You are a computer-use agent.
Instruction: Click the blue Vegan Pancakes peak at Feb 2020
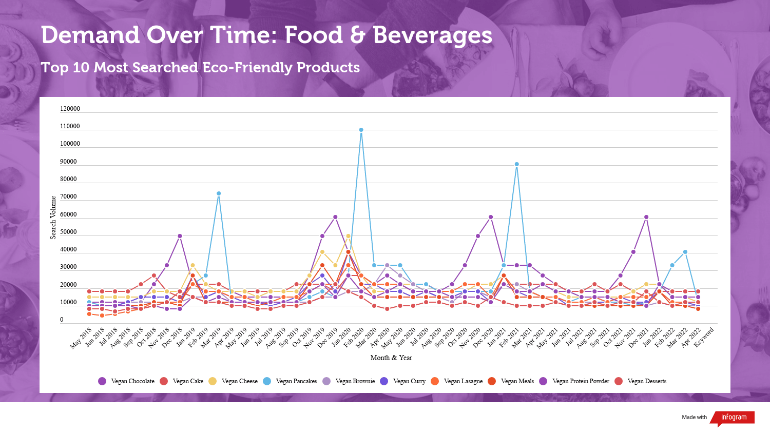tap(361, 130)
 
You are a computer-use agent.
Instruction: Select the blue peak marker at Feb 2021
tap(517, 164)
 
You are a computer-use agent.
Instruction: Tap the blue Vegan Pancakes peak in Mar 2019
tap(219, 193)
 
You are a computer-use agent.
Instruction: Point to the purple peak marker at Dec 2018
tap(180, 236)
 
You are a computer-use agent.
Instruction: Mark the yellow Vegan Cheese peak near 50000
tap(348, 236)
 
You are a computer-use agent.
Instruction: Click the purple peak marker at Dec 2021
tap(646, 217)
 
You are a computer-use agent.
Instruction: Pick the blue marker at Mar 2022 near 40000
tap(685, 252)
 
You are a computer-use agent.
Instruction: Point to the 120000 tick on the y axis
tap(70, 109)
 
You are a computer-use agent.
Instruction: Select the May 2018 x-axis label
tap(81, 338)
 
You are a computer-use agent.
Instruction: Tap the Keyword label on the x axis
tap(704, 338)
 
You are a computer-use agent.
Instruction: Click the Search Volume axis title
tap(53, 218)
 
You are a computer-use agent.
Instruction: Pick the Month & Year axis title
tap(391, 358)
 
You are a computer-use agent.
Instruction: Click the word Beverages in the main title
tap(432, 35)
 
